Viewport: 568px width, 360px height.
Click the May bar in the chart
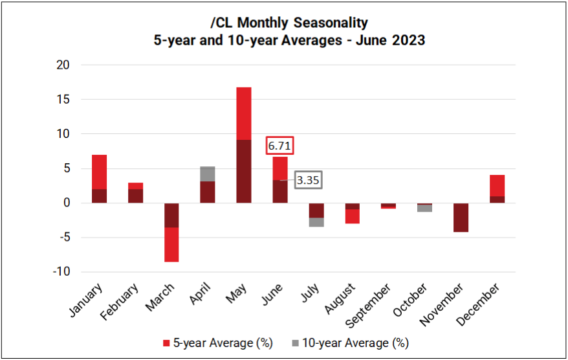(x=244, y=145)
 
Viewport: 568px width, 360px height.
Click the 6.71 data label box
(x=280, y=146)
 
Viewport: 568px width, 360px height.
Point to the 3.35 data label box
(x=309, y=179)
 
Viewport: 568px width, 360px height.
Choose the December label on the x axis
(x=481, y=301)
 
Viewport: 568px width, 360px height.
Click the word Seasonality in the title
(x=331, y=23)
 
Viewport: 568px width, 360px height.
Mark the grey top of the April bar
(x=208, y=174)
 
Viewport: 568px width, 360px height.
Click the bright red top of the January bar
(x=99, y=172)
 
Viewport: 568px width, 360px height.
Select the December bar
(x=497, y=188)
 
